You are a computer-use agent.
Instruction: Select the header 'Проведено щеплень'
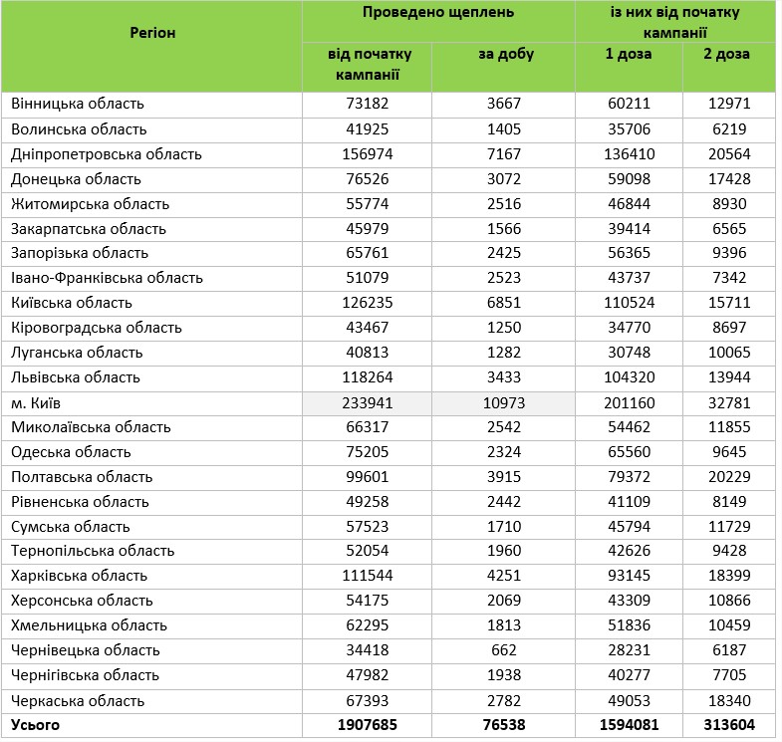pos(437,13)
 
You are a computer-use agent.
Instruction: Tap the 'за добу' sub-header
pos(505,54)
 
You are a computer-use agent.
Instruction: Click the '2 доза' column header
pos(728,54)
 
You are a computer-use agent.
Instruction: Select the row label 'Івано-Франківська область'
pos(108,278)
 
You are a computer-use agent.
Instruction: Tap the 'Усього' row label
pos(36,724)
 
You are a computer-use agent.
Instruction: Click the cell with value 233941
pos(366,402)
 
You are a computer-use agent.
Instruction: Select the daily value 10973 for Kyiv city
pos(505,402)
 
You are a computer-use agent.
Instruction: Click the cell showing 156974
pos(366,154)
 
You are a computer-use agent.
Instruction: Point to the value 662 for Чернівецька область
pos(505,650)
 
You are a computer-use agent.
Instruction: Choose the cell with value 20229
pos(728,476)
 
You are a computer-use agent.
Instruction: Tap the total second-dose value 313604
pos(728,724)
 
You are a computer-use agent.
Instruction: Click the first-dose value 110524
pos(630,303)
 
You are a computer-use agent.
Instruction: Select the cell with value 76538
pos(505,724)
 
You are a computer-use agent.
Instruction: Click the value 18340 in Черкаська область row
pos(728,700)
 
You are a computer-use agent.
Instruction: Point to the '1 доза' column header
pos(629,54)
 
